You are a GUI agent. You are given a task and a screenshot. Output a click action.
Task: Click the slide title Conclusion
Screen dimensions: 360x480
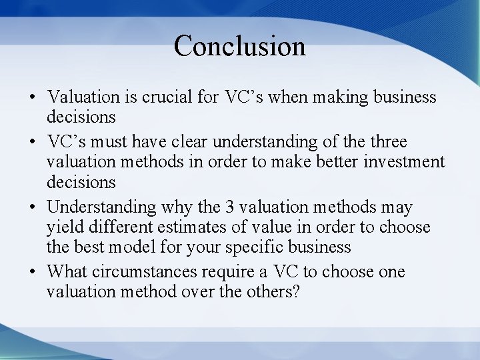239,46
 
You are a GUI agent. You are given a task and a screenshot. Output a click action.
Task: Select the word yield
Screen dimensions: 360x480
63,227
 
